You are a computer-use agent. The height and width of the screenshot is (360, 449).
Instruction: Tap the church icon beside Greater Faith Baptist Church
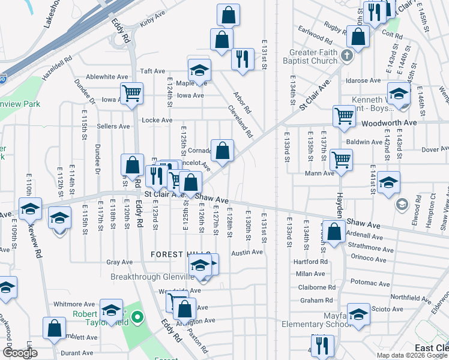tap(346, 56)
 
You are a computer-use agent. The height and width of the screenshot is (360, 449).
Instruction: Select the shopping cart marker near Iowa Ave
tap(131, 93)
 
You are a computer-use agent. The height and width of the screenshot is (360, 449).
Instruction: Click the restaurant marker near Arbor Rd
tap(243, 59)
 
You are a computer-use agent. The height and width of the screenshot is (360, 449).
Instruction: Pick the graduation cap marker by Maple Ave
tap(199, 70)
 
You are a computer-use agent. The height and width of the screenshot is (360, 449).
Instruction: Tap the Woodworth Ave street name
tap(388, 122)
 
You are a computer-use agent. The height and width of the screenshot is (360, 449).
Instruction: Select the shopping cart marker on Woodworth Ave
tap(344, 116)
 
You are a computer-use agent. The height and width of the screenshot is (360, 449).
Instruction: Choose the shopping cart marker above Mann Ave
tap(341, 160)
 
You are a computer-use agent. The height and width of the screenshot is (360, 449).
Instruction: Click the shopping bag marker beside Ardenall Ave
tap(333, 232)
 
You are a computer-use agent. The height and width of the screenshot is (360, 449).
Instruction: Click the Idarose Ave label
tap(363, 80)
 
